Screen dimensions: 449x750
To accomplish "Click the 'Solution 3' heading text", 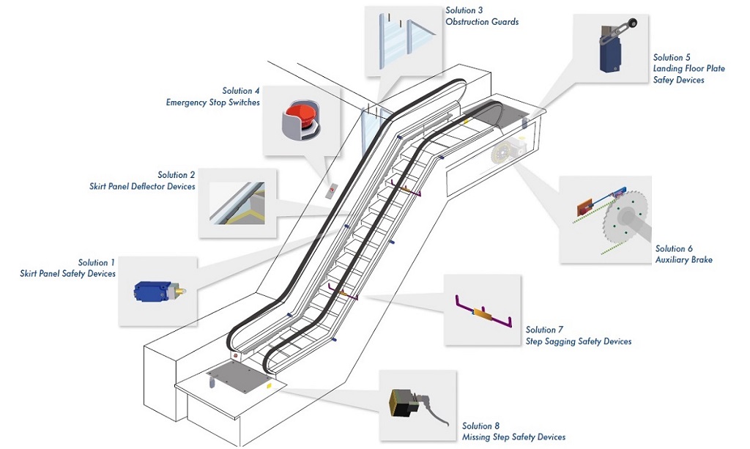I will pos(464,10).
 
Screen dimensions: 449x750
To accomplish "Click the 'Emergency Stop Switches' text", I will pos(212,103).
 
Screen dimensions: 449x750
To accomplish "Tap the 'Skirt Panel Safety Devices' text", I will pos(67,274).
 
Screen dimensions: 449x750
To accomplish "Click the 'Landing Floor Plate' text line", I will pos(688,69).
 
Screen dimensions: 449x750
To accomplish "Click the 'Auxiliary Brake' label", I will pos(684,260).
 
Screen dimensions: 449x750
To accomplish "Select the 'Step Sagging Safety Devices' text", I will pos(578,341).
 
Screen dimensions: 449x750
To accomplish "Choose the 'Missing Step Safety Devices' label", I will pos(513,437).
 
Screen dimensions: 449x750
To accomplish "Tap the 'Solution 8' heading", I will pos(480,426).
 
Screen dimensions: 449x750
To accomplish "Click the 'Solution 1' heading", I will pos(97,262).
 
